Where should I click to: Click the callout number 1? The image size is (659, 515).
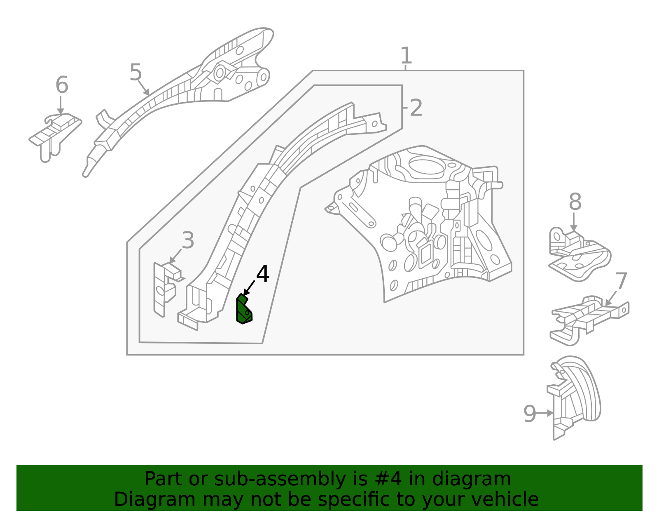point(406,56)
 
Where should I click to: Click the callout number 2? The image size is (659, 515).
point(416,108)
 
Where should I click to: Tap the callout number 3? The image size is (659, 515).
point(188,240)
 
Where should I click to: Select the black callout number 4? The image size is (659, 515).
point(263,274)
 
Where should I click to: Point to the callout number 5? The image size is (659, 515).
point(136,73)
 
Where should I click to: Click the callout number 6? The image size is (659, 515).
point(62,85)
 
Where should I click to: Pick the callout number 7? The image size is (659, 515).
point(621,282)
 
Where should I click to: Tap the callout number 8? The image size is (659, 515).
point(575,202)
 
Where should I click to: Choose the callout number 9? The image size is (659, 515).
point(530,414)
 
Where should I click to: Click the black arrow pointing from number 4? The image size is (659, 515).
point(249,288)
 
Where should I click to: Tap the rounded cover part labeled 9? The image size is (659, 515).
point(577,396)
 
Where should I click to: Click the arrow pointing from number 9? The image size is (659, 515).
point(545,413)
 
